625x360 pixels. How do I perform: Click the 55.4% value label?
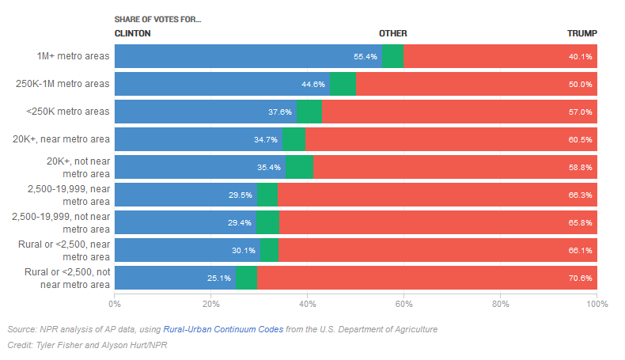coord(366,57)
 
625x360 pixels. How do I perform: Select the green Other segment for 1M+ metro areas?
coord(392,56)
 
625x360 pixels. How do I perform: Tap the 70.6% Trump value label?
coord(580,279)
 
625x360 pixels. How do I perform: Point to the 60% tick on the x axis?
coord(403,303)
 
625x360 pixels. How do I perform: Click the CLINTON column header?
coord(133,33)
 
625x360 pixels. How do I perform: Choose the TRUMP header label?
coord(582,33)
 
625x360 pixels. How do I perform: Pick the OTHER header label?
coord(393,33)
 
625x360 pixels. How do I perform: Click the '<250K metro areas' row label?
coord(67,112)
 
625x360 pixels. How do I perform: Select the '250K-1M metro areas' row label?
coord(62,84)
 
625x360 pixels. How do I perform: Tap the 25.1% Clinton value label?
coord(218,279)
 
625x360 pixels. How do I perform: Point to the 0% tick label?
coord(115,303)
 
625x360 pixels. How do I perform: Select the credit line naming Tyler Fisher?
coord(87,346)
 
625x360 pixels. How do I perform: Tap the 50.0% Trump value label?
coord(580,85)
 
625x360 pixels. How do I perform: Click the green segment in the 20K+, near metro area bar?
coord(294,139)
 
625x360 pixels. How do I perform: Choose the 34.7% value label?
coord(266,140)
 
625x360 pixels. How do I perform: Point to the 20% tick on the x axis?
coord(210,303)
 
